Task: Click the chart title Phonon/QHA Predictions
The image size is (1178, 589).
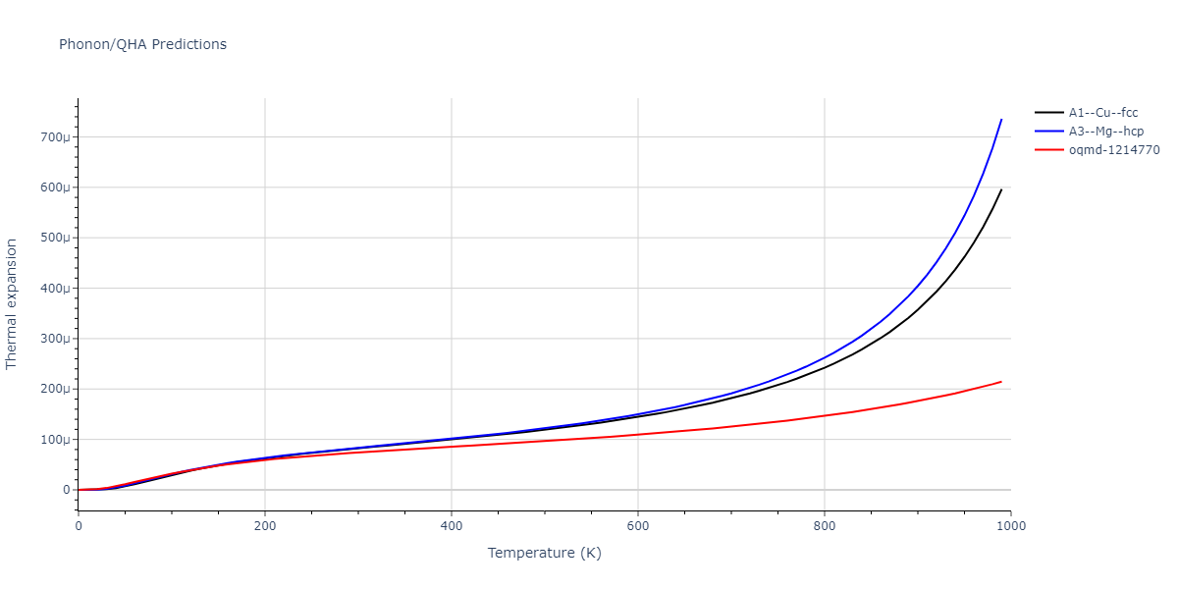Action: (x=142, y=44)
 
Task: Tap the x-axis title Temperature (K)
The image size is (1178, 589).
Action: (x=544, y=554)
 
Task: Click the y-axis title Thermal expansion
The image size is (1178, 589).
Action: (x=12, y=304)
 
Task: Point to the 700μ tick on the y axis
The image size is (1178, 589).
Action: (x=56, y=137)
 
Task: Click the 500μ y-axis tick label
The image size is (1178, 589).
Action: (x=56, y=239)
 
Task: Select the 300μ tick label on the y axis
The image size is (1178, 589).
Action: (x=56, y=339)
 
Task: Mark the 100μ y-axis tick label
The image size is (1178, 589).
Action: (x=56, y=440)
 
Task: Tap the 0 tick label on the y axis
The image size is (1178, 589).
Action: (x=67, y=490)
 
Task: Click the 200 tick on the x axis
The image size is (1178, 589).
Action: (x=265, y=525)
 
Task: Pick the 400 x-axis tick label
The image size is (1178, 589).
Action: (x=452, y=525)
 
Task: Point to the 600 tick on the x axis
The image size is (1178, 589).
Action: (x=638, y=525)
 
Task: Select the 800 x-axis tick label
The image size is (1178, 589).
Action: (x=825, y=525)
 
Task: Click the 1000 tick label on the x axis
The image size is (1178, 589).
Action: (x=1010, y=525)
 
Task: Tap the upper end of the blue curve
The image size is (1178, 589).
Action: (x=1001, y=120)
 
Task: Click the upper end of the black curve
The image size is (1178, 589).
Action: (x=1001, y=189)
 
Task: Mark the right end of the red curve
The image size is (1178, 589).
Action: (x=1001, y=382)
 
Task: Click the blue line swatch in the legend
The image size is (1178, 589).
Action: (x=1049, y=132)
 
